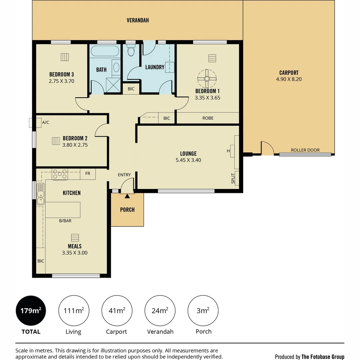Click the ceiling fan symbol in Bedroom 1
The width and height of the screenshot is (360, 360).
pos(207,79)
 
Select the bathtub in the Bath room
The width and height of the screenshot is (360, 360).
pos(105,51)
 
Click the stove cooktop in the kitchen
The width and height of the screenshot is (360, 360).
pos(60,174)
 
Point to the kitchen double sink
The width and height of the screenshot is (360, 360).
pos(41,194)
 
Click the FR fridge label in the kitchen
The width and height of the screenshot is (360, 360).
pos(88,174)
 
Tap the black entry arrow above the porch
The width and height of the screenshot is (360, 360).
pos(127,196)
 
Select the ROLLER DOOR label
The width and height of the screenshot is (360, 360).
pos(305,150)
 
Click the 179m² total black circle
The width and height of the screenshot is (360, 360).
pos(31,311)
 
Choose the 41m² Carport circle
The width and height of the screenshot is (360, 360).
pos(117,311)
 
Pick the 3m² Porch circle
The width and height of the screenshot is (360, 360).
pos(203,311)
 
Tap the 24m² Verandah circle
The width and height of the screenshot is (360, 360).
pos(160,311)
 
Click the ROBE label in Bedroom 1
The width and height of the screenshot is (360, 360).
pos(208,118)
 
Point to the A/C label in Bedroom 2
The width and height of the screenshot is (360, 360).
pos(45,122)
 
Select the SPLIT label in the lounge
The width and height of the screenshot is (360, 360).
pos(233,178)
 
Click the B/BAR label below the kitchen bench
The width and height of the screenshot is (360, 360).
pos(65,221)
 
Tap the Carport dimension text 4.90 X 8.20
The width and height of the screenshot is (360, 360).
pos(289,79)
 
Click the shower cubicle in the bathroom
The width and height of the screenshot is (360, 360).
pos(113,85)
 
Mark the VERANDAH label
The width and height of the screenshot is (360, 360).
pos(138,20)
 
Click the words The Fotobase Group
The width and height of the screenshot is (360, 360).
pos(323,357)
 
